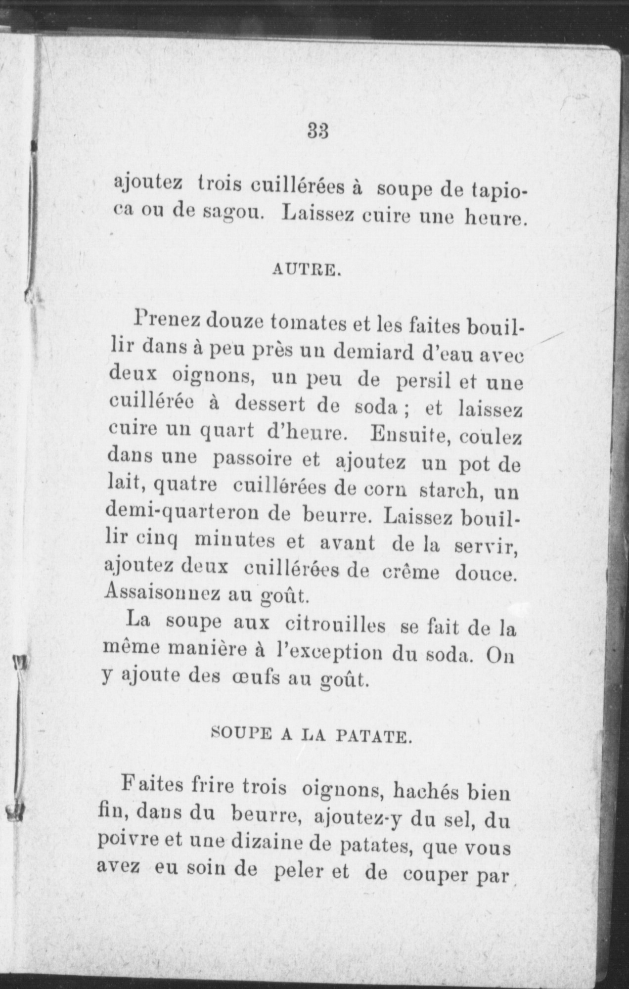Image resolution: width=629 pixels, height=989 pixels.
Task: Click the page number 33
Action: coord(318,132)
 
